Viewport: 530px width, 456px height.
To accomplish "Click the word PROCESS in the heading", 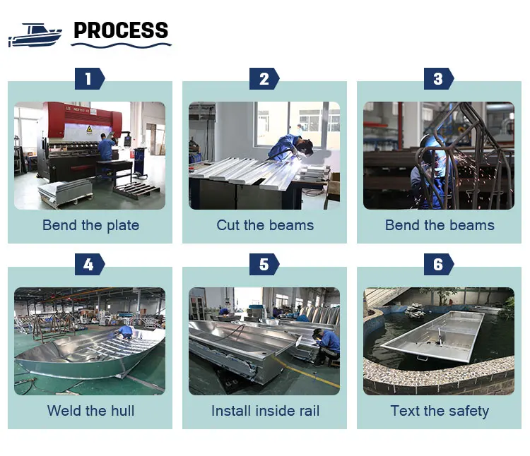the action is pyautogui.click(x=121, y=31).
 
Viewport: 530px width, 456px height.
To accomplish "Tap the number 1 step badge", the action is pyautogui.click(x=88, y=78).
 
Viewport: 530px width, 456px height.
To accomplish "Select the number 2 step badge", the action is pyautogui.click(x=264, y=78).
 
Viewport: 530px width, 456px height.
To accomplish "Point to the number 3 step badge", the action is pyautogui.click(x=438, y=78).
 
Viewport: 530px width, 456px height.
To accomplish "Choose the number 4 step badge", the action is pyautogui.click(x=88, y=264).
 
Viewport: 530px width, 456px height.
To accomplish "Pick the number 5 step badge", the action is pyautogui.click(x=264, y=264).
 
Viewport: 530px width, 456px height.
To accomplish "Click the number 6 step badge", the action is pyautogui.click(x=438, y=264).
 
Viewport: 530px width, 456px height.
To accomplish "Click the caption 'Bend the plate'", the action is pyautogui.click(x=90, y=226).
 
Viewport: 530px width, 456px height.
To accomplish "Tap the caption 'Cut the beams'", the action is pyautogui.click(x=265, y=226).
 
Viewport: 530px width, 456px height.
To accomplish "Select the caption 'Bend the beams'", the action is pyautogui.click(x=440, y=226).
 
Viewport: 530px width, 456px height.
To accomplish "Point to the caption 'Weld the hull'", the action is pyautogui.click(x=90, y=411).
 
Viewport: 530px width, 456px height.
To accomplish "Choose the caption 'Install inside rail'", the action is pyautogui.click(x=265, y=411).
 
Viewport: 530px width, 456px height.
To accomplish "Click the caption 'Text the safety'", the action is pyautogui.click(x=440, y=411).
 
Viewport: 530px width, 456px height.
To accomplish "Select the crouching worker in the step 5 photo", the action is pyautogui.click(x=326, y=345).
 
